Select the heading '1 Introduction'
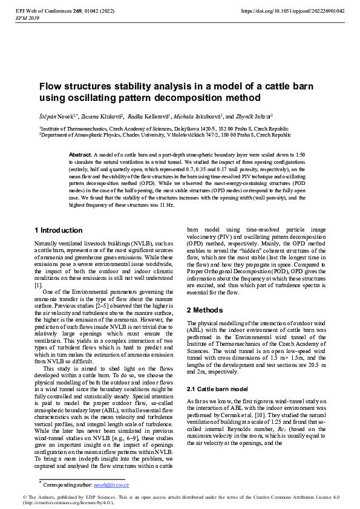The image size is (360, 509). click(x=58, y=230)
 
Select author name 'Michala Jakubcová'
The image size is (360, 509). click(x=200, y=116)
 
